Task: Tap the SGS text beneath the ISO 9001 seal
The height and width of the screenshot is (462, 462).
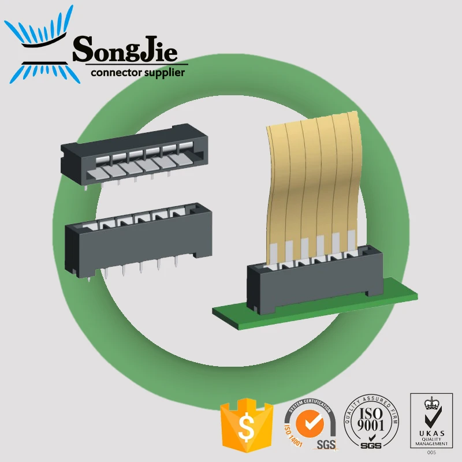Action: (x=371, y=446)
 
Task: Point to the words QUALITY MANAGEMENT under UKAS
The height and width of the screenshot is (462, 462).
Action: (x=431, y=442)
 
